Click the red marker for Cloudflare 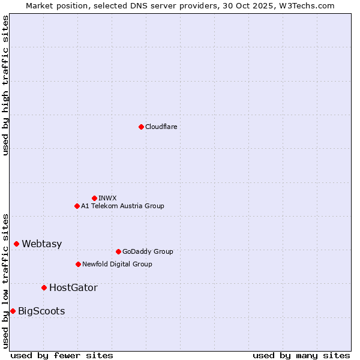point(141,127)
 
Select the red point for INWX point(94,198)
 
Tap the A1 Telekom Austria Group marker point(77,206)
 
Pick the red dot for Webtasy point(16,244)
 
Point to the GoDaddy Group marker point(118,251)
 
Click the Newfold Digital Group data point point(78,264)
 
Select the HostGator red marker point(44,287)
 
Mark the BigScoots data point point(13,311)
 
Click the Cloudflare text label point(161,127)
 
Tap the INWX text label point(107,198)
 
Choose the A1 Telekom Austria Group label point(122,206)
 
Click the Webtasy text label point(41,244)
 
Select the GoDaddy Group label point(148,251)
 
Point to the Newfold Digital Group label point(117,264)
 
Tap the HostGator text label point(73,287)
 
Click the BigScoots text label point(41,311)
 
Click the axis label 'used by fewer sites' point(62,355)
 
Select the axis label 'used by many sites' point(301,355)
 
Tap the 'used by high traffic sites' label point(6,85)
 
